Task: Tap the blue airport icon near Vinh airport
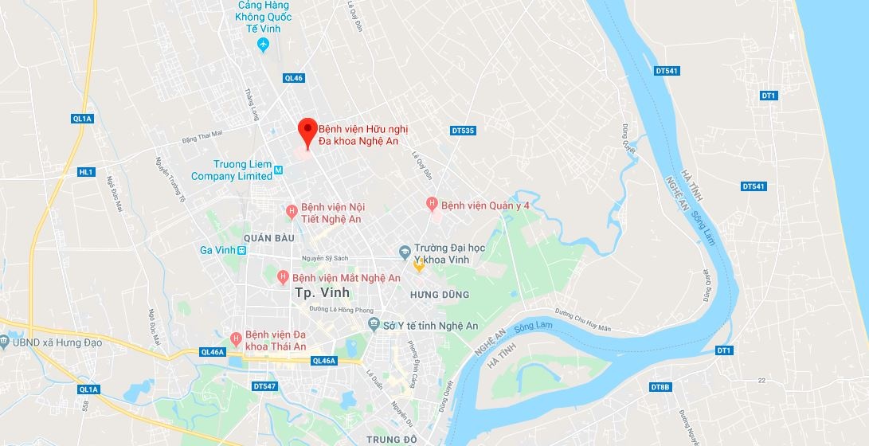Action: pyautogui.click(x=264, y=45)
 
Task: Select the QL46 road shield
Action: pyautogui.click(x=294, y=78)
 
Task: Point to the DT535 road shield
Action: pyautogui.click(x=463, y=130)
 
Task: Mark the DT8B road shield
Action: pyautogui.click(x=660, y=387)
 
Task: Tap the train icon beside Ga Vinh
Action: pyautogui.click(x=242, y=250)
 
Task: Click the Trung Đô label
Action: pyautogui.click(x=393, y=439)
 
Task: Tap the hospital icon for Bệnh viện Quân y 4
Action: pyautogui.click(x=433, y=205)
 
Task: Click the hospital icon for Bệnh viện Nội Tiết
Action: pyautogui.click(x=292, y=211)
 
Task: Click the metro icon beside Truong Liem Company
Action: pyautogui.click(x=278, y=170)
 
